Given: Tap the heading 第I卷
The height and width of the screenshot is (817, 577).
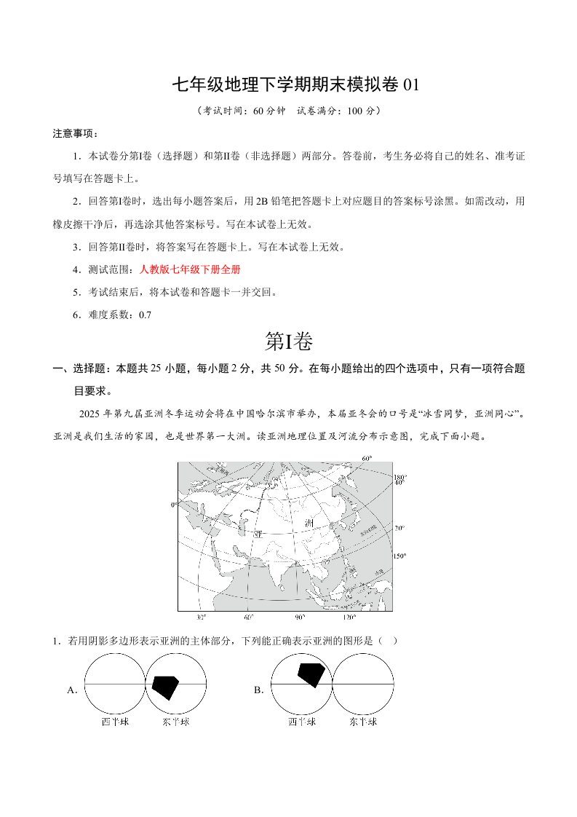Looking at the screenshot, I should [289, 341].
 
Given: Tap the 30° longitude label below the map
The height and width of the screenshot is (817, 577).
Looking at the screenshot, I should [202, 617].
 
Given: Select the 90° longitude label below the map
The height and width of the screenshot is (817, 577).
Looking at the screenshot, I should [299, 617].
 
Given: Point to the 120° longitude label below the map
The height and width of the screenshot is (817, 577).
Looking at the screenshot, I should [349, 617].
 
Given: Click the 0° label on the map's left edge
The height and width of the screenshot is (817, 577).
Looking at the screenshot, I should [174, 504].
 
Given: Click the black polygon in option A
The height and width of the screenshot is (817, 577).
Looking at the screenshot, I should [165, 685].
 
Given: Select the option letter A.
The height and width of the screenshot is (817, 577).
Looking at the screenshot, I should [72, 690].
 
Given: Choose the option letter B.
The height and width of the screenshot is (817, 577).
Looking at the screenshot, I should [258, 690].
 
